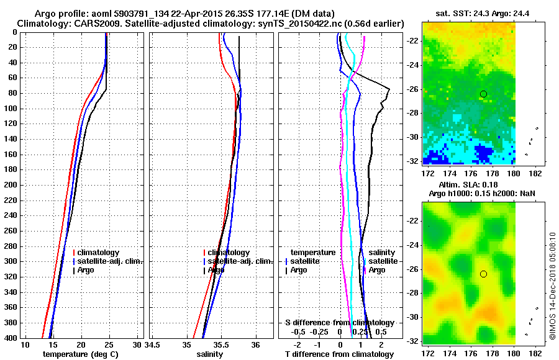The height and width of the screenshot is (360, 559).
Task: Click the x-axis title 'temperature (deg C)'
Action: coord(80,354)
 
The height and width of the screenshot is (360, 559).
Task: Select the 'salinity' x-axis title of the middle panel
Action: coord(210,354)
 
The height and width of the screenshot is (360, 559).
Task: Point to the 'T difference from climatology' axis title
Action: coord(339,354)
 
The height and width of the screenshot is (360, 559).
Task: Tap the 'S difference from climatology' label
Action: coord(339,323)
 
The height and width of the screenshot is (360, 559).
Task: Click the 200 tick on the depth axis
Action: coord(13,185)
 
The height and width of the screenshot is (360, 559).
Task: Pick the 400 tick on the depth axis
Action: coord(13,338)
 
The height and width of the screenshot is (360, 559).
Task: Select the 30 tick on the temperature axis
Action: coord(138,344)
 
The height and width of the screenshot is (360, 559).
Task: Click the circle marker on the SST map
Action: coord(483,94)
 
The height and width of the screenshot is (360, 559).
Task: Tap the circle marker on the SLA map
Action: coord(483,274)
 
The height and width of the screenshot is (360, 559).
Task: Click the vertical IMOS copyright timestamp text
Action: coord(552,286)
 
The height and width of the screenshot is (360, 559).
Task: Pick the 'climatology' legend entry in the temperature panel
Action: coord(99,253)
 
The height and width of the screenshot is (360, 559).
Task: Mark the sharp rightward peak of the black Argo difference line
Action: coord(389,89)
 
